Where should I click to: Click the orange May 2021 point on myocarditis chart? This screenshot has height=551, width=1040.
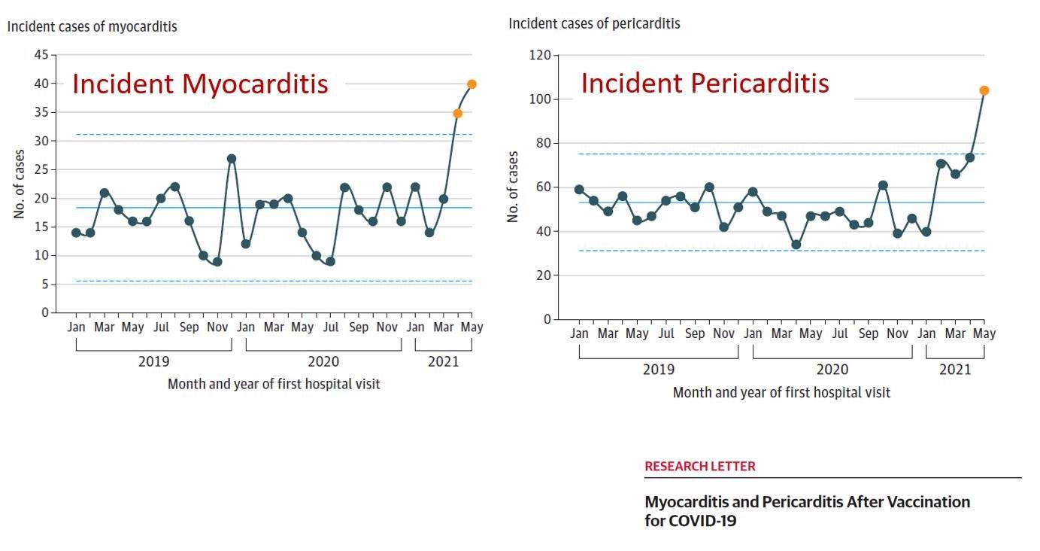[471, 84]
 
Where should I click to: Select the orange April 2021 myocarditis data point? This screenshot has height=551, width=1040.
[457, 113]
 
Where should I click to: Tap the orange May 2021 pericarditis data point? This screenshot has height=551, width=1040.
[984, 90]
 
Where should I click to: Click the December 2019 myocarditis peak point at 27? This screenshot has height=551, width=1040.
[232, 159]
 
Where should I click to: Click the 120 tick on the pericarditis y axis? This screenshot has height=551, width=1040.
[540, 55]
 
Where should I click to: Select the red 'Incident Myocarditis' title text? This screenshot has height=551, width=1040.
[200, 84]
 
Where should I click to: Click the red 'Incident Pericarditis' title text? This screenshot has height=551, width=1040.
[705, 83]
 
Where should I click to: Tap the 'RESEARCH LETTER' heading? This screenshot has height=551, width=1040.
[699, 466]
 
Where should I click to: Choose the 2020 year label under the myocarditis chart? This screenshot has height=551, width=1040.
[323, 361]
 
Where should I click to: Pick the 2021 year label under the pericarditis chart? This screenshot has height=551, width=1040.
[955, 369]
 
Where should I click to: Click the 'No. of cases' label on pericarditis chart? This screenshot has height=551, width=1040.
[514, 187]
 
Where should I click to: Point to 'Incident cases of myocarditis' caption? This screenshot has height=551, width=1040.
[92, 26]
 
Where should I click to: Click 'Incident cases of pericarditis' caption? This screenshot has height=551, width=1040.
[594, 23]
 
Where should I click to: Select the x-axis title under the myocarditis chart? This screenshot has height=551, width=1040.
[274, 384]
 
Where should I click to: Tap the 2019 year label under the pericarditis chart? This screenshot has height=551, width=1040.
[658, 369]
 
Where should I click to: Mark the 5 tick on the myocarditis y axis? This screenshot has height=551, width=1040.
[44, 285]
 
